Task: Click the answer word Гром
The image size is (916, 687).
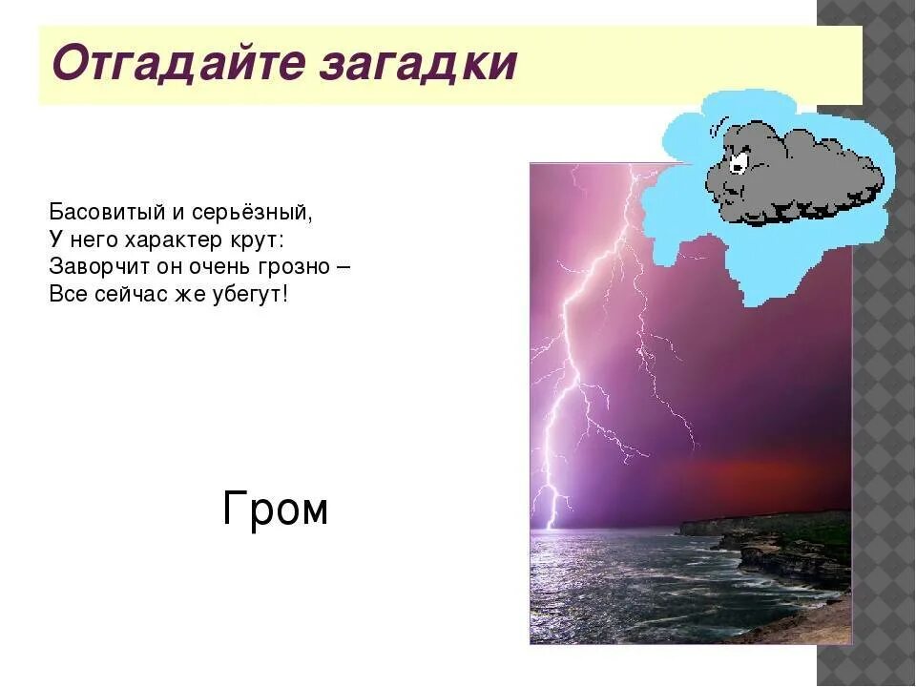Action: pyautogui.click(x=275, y=510)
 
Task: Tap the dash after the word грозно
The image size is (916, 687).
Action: pyautogui.click(x=342, y=266)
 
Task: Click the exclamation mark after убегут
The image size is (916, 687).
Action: pyautogui.click(x=283, y=293)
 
